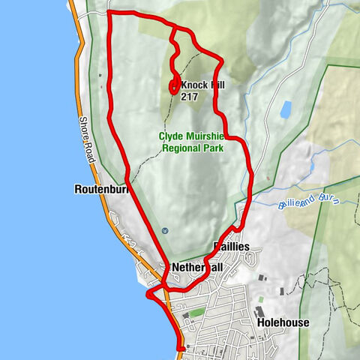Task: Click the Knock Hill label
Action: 202,85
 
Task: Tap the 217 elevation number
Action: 190,97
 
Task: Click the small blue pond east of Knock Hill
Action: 286,111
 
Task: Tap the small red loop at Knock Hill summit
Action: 174,87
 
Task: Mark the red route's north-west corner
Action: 110,13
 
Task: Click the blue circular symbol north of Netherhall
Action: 164,230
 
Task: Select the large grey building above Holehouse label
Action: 259,311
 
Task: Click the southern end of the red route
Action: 182,347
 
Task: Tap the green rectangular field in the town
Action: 197,312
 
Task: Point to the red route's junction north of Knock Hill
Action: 173,28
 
